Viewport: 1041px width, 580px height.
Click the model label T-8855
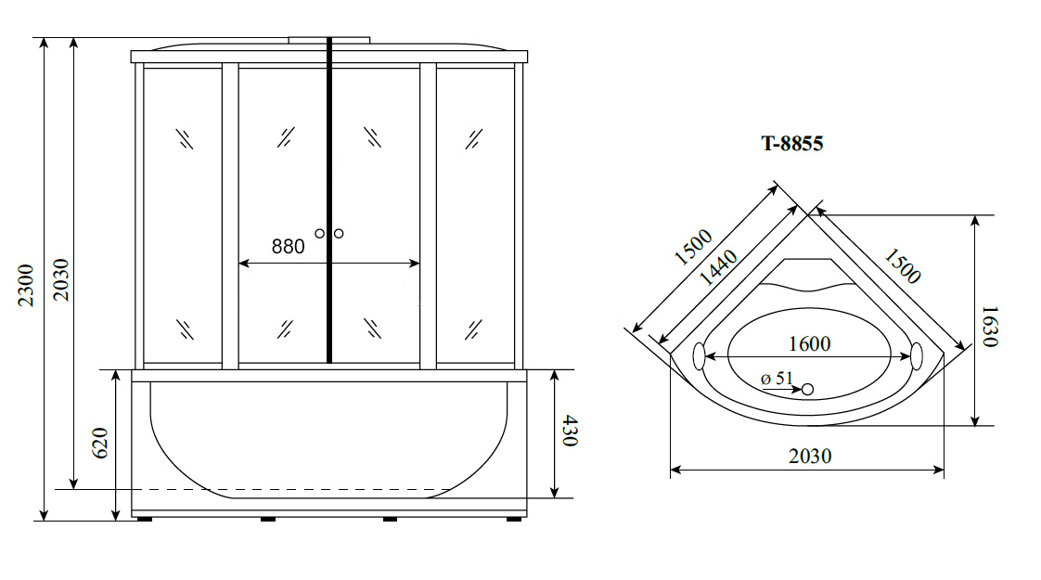coord(792,144)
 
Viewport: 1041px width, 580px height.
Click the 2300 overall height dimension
coord(26,285)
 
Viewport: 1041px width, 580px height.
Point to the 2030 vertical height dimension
coord(61,279)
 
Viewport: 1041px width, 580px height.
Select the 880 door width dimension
coord(289,247)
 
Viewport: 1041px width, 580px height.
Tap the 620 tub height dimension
coord(99,444)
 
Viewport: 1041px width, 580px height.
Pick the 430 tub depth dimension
coord(570,431)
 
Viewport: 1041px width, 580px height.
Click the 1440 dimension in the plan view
coord(718,267)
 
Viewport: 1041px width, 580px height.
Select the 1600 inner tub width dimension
coord(809,343)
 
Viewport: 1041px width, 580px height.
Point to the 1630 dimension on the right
coord(989,327)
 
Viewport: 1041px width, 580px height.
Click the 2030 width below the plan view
coord(810,456)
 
